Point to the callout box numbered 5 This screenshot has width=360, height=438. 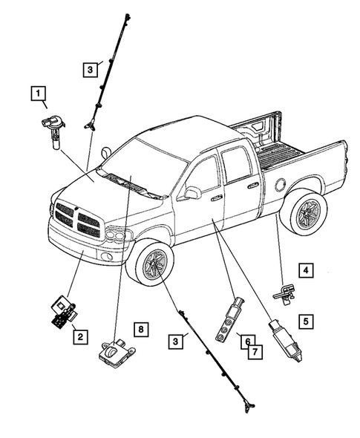[305, 322]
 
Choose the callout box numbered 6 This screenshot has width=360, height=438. [243, 340]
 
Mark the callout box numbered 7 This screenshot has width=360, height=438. [254, 351]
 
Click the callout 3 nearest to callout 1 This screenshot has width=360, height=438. [88, 70]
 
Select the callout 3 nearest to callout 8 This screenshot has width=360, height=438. [175, 341]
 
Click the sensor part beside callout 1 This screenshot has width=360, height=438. [54, 126]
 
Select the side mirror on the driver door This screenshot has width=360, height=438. [193, 193]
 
